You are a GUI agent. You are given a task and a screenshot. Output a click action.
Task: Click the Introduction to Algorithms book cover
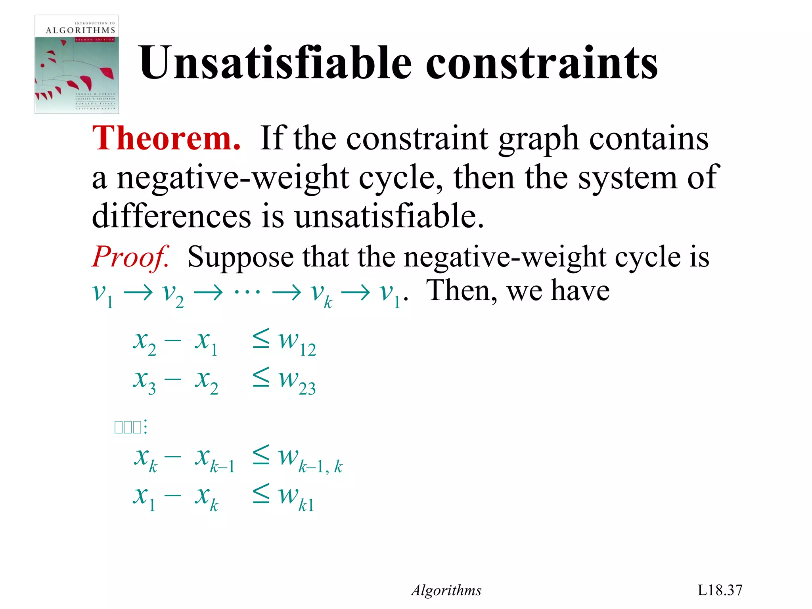pyautogui.click(x=77, y=64)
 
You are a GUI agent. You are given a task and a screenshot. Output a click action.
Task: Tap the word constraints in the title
pyautogui.click(x=542, y=63)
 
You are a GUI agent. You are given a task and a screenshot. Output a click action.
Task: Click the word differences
pyautogui.click(x=171, y=216)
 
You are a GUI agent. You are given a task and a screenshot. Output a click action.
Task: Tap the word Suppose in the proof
pyautogui.click(x=240, y=257)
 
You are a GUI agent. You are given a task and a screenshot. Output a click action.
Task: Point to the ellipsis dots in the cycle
pyautogui.click(x=247, y=293)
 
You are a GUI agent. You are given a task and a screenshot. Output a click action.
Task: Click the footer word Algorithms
pyautogui.click(x=446, y=590)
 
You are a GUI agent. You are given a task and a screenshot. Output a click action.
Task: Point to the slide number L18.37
pyautogui.click(x=720, y=590)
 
